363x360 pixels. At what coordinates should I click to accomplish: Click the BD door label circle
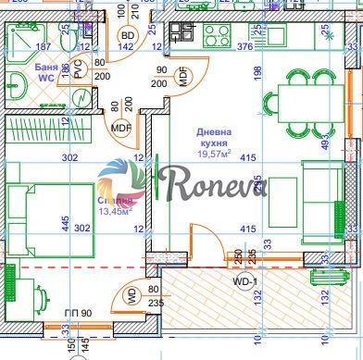click(129, 36)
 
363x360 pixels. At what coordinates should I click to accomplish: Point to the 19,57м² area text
click(216, 155)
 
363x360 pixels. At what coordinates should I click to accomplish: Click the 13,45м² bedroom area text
click(117, 211)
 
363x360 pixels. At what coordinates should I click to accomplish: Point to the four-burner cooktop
click(217, 36)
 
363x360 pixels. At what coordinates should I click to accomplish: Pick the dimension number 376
click(244, 46)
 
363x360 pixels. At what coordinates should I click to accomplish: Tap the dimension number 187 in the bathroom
click(43, 46)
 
